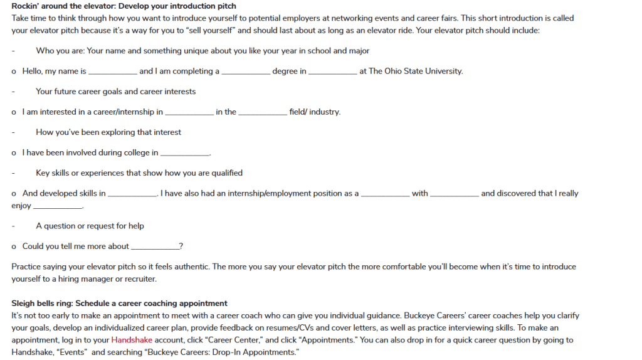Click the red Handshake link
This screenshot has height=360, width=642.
pyautogui.click(x=132, y=339)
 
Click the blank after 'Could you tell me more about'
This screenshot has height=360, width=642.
pyautogui.click(x=154, y=246)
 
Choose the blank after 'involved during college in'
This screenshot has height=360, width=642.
pyautogui.click(x=185, y=153)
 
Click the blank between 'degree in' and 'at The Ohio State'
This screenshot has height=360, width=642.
pyautogui.click(x=333, y=71)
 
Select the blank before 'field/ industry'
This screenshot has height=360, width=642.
pyautogui.click(x=263, y=112)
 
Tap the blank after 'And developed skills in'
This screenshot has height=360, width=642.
pyautogui.click(x=132, y=194)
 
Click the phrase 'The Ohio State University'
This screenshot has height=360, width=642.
pyautogui.click(x=416, y=71)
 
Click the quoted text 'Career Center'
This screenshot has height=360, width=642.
pyautogui.click(x=231, y=339)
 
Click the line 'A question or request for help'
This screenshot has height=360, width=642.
pyautogui.click(x=90, y=226)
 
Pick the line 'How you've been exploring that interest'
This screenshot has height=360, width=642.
pyautogui.click(x=108, y=132)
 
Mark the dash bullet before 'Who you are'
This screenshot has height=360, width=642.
pyautogui.click(x=13, y=51)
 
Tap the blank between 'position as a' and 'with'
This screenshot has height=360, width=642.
pyautogui.click(x=385, y=194)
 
